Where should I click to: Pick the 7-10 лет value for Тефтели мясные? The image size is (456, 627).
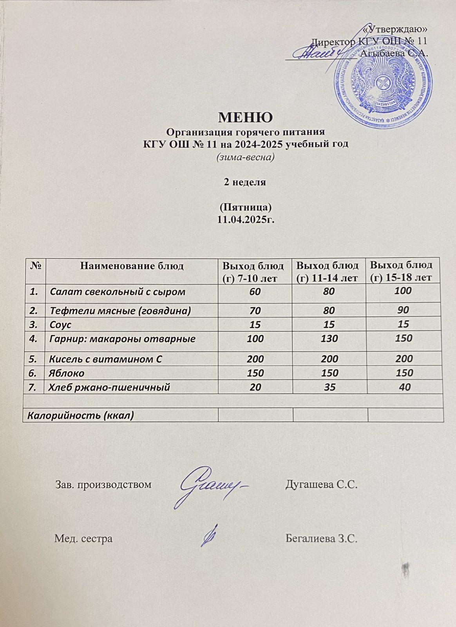(255, 311)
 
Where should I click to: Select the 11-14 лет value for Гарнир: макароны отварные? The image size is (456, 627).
(329, 339)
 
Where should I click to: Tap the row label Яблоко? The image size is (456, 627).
(67, 373)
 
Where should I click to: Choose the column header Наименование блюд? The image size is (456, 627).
(132, 266)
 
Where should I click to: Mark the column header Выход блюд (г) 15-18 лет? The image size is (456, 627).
(402, 271)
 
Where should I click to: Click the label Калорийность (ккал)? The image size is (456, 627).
(78, 415)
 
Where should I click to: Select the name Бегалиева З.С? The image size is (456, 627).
(322, 538)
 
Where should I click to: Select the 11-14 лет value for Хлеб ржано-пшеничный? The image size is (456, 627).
(329, 387)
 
